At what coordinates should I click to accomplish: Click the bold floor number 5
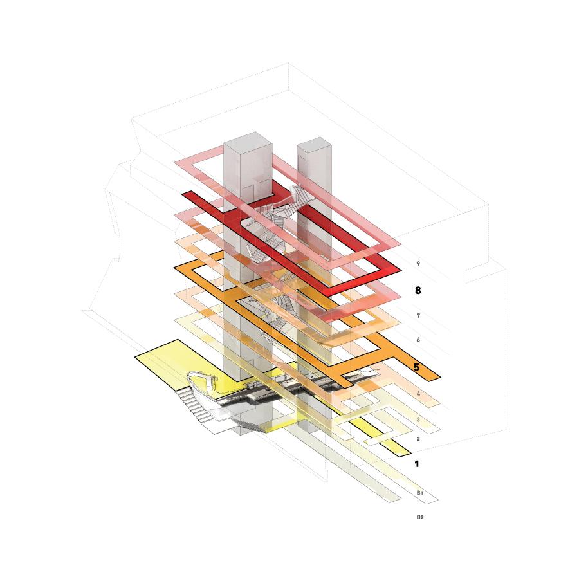417,367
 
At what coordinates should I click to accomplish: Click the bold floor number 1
417,463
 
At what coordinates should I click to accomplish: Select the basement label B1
419,493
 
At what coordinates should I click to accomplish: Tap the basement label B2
419,517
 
